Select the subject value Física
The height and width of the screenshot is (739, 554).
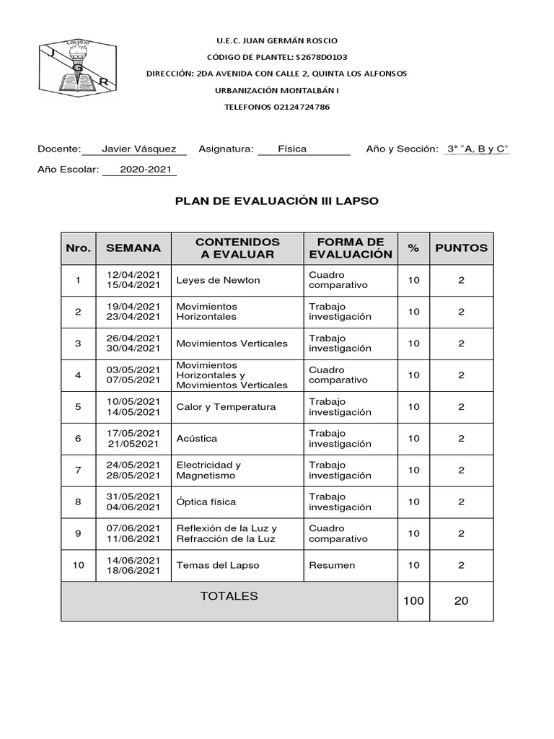click(x=292, y=149)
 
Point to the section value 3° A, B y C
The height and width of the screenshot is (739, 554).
click(x=478, y=149)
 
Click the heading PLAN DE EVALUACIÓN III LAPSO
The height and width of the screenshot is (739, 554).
click(x=277, y=201)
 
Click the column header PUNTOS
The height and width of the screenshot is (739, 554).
click(x=461, y=248)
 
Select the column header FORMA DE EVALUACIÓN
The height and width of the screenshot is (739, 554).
click(x=350, y=248)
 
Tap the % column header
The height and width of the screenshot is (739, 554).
click(x=413, y=248)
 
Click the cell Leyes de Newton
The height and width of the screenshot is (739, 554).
click(x=218, y=280)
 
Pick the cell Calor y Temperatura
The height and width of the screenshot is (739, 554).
click(x=226, y=407)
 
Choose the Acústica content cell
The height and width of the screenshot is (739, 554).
click(x=196, y=439)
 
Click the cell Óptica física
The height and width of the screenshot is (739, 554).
click(x=206, y=502)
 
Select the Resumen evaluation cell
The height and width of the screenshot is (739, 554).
click(x=332, y=565)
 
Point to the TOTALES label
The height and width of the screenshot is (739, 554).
click(x=229, y=596)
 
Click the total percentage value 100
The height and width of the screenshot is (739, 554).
click(x=413, y=600)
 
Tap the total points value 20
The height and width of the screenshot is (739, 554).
click(x=461, y=600)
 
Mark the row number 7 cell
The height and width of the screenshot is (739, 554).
click(x=78, y=471)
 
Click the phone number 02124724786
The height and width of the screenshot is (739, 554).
click(x=302, y=107)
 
